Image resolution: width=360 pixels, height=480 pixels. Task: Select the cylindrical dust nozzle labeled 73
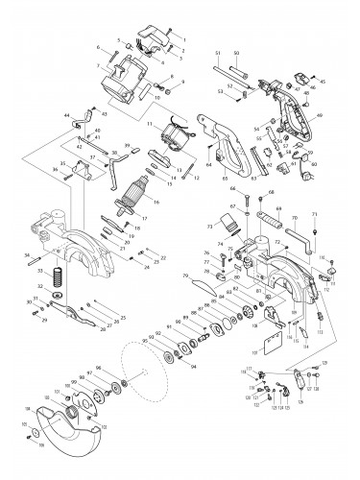coord(229,226)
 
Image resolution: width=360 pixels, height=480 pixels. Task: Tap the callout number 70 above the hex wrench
coord(294,219)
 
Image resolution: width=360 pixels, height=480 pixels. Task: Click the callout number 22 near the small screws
coord(162,258)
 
